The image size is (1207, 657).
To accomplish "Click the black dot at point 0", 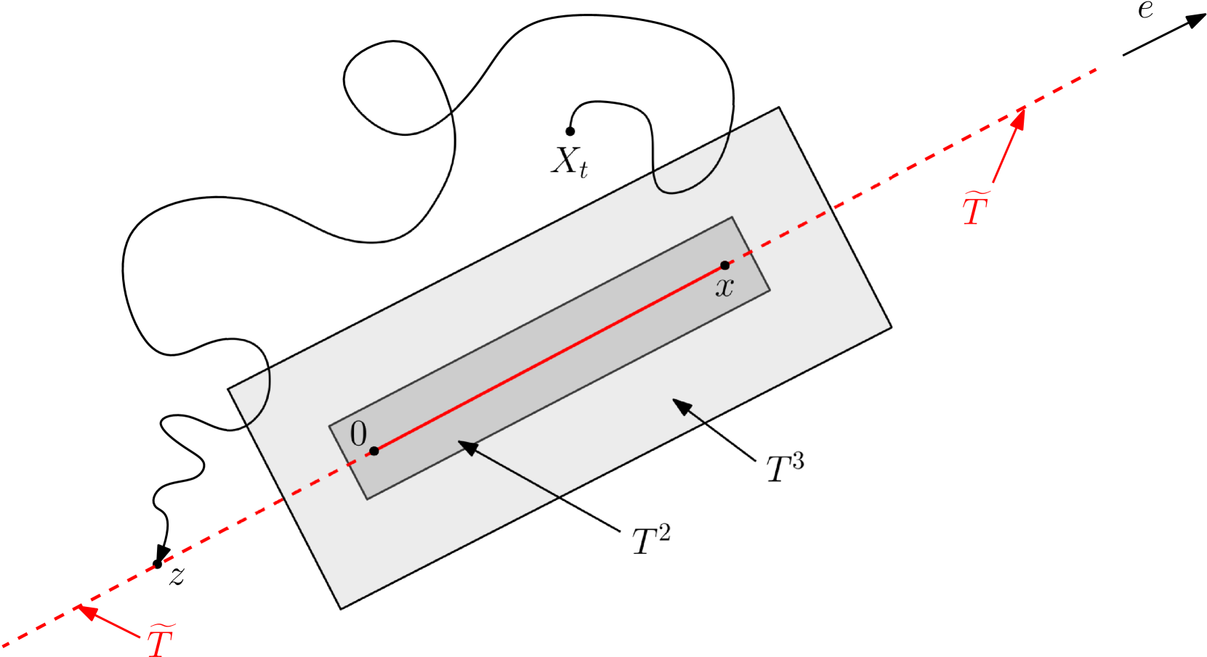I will (374, 451).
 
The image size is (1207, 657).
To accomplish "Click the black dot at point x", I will (724, 265).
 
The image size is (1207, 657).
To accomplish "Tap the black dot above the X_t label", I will (570, 131).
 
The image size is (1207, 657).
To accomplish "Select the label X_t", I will (569, 162).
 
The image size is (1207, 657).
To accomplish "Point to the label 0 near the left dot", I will (358, 434).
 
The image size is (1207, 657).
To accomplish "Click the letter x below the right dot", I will (724, 287).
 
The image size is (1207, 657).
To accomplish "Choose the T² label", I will (650, 540).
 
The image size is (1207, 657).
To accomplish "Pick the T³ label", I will (785, 468).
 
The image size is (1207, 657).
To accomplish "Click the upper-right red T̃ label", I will (976, 208).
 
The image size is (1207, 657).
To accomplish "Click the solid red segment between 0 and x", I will (549, 358).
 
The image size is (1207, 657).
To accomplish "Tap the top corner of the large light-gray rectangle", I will (779, 108).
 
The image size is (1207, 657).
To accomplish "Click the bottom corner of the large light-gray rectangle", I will (341, 608).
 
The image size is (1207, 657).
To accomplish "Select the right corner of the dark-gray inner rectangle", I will (770, 290).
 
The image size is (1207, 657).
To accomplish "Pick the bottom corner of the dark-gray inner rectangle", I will (367, 499).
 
